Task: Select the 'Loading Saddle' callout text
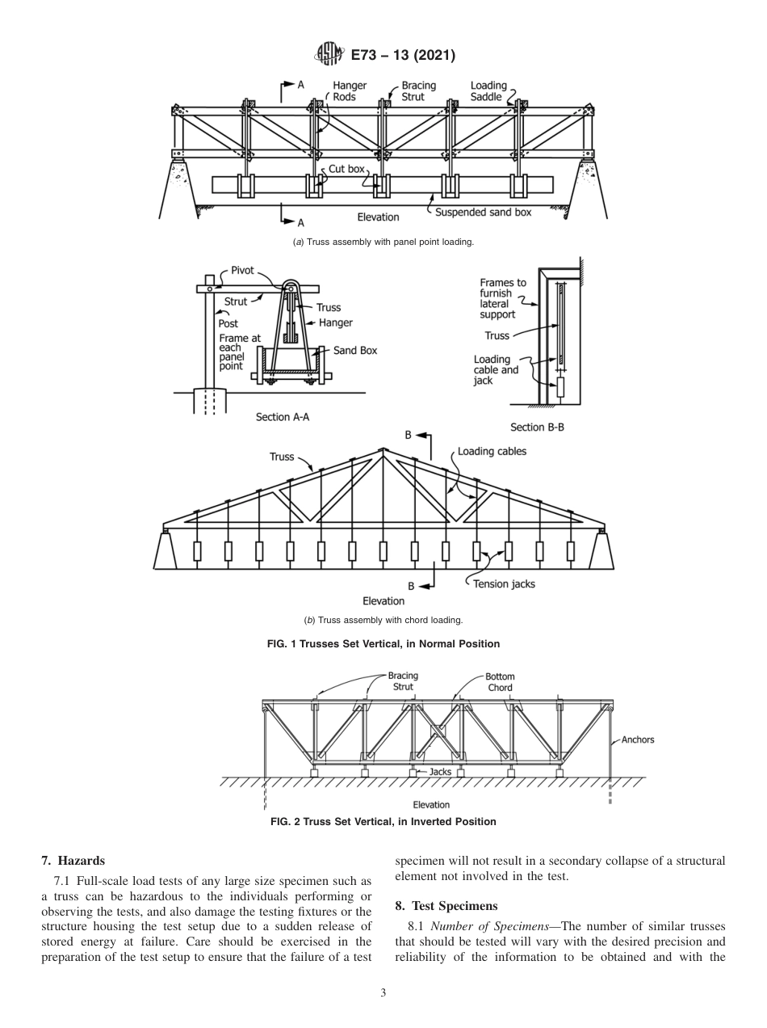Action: [488, 91]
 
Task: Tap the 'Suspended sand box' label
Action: [483, 213]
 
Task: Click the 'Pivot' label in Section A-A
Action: [242, 271]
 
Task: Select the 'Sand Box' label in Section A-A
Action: [355, 351]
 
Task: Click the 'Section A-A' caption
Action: [283, 417]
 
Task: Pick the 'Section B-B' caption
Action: [537, 428]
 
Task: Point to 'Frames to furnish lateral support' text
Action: [503, 299]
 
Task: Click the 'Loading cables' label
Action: [492, 451]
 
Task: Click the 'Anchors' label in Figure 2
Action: [638, 739]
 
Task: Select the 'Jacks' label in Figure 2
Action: [440, 772]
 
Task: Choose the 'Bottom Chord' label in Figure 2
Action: [500, 682]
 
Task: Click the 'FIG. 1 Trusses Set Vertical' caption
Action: [383, 644]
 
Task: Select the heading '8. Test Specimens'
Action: [442, 906]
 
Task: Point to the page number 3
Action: [383, 993]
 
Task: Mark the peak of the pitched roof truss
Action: [383, 449]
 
